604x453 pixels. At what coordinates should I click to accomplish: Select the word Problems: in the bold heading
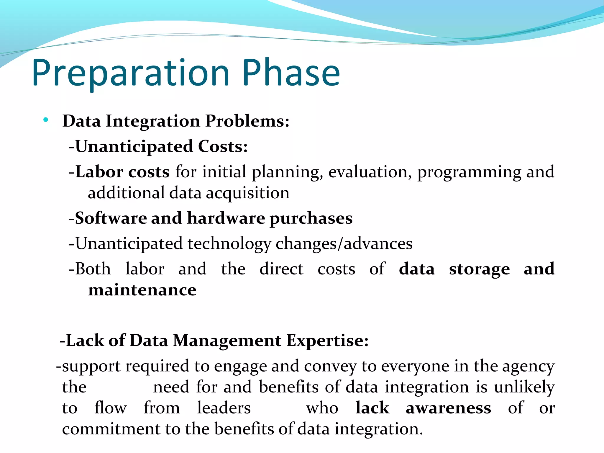(x=247, y=121)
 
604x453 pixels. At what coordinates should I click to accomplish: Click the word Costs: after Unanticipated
(x=223, y=147)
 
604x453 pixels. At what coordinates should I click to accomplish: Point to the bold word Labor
(x=99, y=172)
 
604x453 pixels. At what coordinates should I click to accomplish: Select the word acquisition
(x=247, y=193)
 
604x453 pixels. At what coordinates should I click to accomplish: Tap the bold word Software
(x=111, y=218)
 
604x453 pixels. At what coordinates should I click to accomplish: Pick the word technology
(x=229, y=244)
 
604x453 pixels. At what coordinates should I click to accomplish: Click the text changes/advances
(x=344, y=244)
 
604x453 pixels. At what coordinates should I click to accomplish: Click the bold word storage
(x=479, y=269)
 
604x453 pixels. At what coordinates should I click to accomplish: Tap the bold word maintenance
(x=142, y=290)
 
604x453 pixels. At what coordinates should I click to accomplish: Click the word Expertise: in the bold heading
(x=327, y=341)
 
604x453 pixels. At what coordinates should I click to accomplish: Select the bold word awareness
(x=448, y=408)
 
